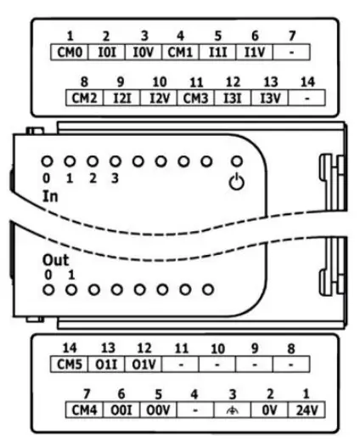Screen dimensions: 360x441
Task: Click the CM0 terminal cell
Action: click(70, 52)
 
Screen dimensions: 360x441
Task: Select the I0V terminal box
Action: click(143, 52)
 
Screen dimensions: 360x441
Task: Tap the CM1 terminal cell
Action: click(180, 52)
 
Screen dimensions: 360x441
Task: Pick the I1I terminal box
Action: click(217, 52)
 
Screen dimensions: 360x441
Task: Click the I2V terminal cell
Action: click(159, 98)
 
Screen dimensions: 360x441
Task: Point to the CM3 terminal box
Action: click(196, 98)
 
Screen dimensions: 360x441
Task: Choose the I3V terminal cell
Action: click(270, 98)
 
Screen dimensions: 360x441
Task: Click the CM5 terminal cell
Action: click(70, 364)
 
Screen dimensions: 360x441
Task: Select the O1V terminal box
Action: click(143, 364)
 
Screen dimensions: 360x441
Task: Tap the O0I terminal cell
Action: click(121, 410)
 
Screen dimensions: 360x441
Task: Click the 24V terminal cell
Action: click(307, 410)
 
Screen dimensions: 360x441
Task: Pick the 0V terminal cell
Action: click(270, 410)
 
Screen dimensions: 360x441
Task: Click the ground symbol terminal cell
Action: click(233, 410)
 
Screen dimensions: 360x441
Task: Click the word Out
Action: click(55, 260)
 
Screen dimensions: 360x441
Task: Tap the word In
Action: click(50, 196)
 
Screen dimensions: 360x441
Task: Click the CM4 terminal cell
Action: click(84, 410)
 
